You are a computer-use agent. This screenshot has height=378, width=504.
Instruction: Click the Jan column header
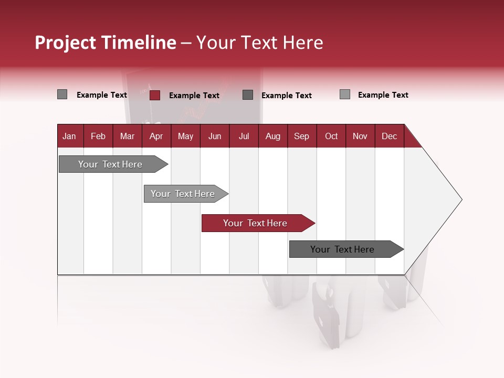(69, 136)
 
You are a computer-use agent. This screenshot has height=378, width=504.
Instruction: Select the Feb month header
(98, 136)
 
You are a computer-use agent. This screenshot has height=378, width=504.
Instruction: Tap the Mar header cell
(127, 136)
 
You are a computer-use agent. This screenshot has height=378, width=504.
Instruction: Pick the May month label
(185, 136)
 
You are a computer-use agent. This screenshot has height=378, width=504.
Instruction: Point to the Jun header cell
(215, 136)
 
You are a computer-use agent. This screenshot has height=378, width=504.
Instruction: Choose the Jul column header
(244, 136)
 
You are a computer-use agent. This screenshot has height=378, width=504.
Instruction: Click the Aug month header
(273, 136)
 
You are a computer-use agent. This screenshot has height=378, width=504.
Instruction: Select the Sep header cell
(302, 136)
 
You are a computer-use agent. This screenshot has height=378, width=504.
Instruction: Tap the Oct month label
(331, 136)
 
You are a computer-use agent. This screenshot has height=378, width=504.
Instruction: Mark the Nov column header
(360, 136)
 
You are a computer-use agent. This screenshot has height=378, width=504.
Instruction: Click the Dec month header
(390, 136)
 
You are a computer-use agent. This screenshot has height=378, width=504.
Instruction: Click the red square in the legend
(155, 95)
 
